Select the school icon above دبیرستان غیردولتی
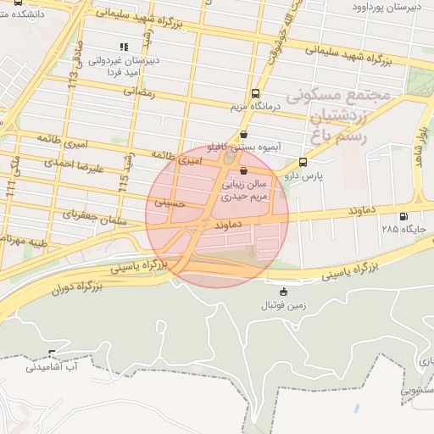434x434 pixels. (124, 47)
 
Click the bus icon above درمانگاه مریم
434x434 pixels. (256, 94)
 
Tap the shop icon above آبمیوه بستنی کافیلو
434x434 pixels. (244, 133)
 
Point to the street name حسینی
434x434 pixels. (169, 203)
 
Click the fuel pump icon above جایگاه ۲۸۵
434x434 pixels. (402, 216)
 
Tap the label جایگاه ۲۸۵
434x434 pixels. (401, 229)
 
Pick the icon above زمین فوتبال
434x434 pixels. (283, 292)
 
